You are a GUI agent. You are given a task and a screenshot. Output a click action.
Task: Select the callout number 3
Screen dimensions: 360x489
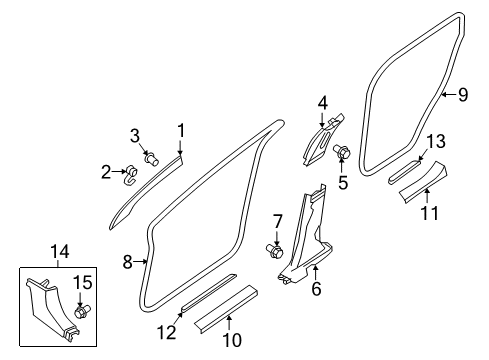(134, 135)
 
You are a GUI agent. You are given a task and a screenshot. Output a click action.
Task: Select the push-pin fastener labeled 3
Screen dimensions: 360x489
(152, 158)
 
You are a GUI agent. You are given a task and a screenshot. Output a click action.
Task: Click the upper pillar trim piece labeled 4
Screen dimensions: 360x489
(322, 140)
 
